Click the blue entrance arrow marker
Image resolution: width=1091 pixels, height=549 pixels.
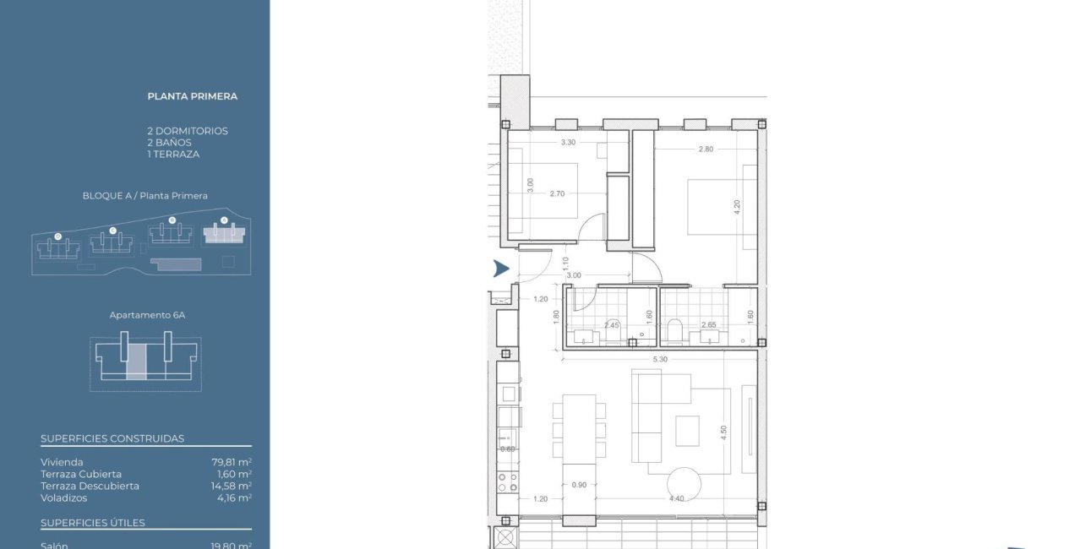[501, 269]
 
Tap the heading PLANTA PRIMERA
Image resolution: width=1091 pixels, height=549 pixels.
[192, 96]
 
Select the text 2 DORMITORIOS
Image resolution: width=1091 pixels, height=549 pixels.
[187, 131]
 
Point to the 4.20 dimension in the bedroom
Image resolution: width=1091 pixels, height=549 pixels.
[737, 205]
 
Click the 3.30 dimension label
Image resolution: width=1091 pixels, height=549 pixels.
[569, 143]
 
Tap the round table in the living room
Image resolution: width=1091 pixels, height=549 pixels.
[684, 487]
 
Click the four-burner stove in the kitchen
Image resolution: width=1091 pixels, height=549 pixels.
[507, 482]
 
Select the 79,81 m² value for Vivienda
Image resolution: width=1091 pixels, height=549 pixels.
[232, 462]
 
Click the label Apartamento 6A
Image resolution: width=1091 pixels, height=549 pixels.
[147, 315]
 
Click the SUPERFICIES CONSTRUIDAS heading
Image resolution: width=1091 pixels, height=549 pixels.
[112, 438]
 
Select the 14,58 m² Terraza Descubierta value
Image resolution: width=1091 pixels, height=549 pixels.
[232, 486]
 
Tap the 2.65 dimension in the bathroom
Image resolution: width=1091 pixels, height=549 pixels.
[709, 324]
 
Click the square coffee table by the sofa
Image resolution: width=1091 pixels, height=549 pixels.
[687, 431]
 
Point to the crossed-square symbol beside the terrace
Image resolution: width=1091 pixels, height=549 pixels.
[505, 539]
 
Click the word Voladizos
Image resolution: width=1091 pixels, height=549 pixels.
[64, 497]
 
